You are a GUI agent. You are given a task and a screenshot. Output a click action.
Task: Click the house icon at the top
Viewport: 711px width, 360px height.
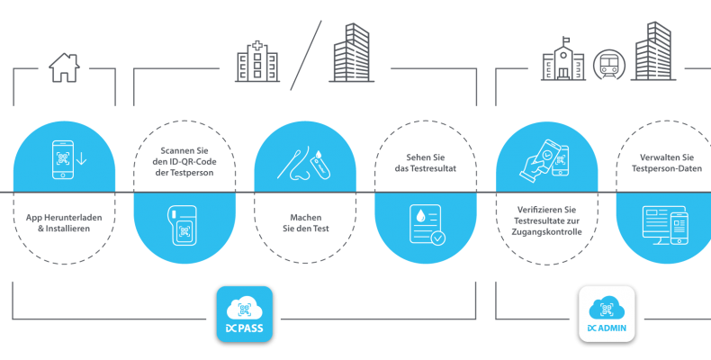coord(65,67)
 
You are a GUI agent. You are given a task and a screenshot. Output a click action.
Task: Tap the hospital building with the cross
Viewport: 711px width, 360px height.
coord(257,62)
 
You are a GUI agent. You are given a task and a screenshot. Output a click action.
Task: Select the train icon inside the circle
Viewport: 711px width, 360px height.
coord(609,66)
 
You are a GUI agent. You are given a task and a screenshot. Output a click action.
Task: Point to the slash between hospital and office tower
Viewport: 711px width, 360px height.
coord(306,55)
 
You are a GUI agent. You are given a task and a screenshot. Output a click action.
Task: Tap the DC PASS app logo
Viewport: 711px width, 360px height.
coord(245,314)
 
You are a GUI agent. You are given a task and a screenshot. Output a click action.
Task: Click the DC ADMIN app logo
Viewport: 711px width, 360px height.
coord(607,314)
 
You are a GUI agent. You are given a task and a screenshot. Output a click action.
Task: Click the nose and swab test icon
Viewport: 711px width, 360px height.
coord(304,162)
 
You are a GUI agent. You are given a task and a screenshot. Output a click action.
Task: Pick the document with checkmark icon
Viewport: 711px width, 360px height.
coord(427,224)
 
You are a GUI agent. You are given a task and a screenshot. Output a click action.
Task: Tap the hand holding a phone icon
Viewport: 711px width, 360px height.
coord(544,158)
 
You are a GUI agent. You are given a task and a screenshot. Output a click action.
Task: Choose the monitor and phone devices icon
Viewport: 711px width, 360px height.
coord(665,225)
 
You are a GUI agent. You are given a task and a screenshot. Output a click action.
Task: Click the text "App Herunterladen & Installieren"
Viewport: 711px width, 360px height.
coord(64,223)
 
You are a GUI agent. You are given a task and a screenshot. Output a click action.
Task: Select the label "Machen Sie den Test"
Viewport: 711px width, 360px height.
coord(306,223)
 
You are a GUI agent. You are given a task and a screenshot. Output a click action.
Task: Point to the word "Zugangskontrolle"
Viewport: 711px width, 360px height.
coord(547,232)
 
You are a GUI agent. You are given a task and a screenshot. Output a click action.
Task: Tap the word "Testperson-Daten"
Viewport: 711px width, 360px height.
coord(667,168)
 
